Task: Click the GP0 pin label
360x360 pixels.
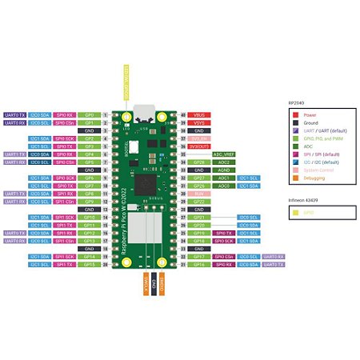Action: [x=90, y=115]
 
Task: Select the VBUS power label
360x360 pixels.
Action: [x=199, y=115]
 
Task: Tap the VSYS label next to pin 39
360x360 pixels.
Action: [x=199, y=122]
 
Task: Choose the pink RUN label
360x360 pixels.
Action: [x=199, y=193]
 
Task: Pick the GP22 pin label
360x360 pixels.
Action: [x=199, y=201]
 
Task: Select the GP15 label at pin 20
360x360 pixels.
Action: [x=90, y=264]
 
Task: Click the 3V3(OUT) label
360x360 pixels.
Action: [x=199, y=146]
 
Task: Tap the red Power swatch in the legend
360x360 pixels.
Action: [x=294, y=114]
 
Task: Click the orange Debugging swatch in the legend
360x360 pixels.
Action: [x=294, y=188]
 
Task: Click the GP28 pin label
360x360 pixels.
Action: [x=199, y=162]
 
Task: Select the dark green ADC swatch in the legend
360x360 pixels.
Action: [x=294, y=146]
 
